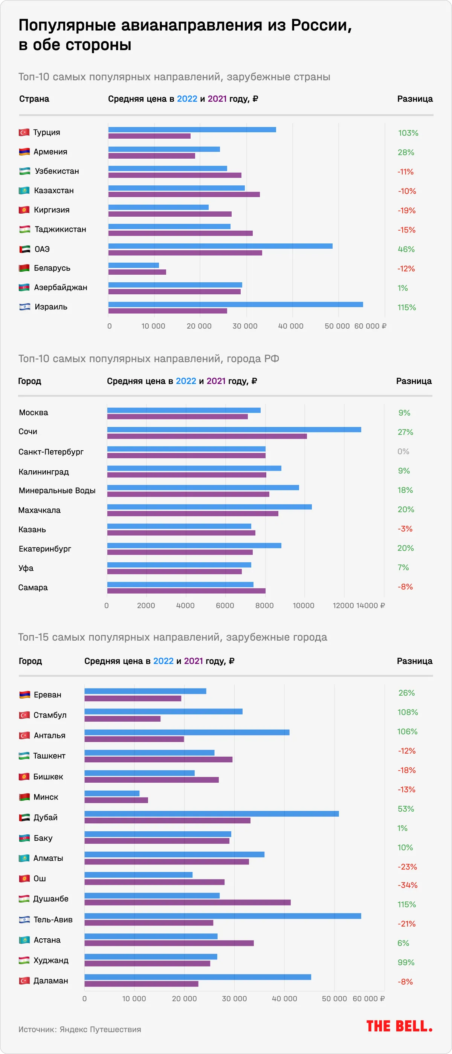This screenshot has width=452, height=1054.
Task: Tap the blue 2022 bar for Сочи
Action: pos(234,430)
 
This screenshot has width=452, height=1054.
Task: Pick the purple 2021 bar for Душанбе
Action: pos(187,902)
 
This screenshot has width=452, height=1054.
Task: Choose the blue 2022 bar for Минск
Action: pos(111,793)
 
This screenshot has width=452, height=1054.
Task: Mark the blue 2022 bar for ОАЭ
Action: pos(220,246)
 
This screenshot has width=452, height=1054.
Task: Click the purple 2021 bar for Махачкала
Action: pos(192,514)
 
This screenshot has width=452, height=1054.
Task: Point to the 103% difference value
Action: pos(408,133)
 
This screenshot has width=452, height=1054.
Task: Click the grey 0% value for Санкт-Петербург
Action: pos(403,451)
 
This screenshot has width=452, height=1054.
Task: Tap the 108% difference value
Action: pos(408,712)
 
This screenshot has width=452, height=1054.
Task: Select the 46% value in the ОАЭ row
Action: pos(406,249)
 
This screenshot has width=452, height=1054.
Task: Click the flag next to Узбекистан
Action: pos(24,171)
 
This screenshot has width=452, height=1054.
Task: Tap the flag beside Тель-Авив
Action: pos(24,919)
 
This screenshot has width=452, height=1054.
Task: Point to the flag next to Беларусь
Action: pos(24,268)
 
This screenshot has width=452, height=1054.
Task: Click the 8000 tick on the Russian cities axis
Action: pos(264,606)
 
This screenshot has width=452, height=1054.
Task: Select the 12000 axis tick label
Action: pos(343,606)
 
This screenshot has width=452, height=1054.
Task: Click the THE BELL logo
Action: pos(399,1026)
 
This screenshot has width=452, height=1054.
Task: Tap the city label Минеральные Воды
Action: pos(57,491)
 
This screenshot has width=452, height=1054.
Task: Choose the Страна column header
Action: pos(34,99)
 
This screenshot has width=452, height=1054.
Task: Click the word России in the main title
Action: pos(321,25)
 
